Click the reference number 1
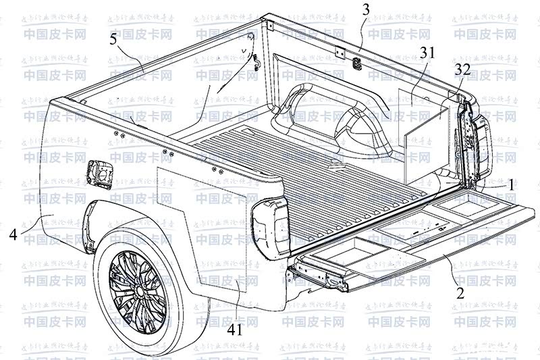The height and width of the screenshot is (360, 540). [x=512, y=183]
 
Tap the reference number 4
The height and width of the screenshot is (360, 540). [x=14, y=235]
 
